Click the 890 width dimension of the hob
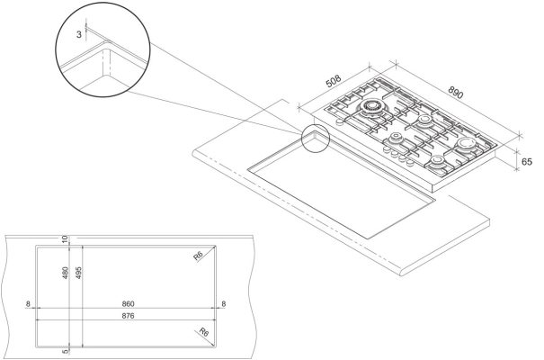pos(456,93)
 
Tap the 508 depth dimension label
pos(334,81)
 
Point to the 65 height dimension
pos(527,162)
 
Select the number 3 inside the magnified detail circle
pos(79,34)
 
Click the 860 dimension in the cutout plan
pos(128,304)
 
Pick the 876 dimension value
pos(128,316)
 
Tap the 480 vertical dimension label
pos(65,274)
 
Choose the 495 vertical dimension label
pos(78,274)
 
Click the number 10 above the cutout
pos(65,239)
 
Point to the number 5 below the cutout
pos(65,352)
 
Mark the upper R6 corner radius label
pos(198,256)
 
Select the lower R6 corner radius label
pos(204,332)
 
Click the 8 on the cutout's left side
pos(28,304)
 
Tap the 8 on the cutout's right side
pos(223,304)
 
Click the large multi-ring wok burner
pos(371,107)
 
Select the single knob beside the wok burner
pos(340,121)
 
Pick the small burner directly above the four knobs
pos(395,139)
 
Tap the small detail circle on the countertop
pos(315,138)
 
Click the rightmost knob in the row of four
pos(410,162)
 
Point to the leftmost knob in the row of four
pos(387,149)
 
